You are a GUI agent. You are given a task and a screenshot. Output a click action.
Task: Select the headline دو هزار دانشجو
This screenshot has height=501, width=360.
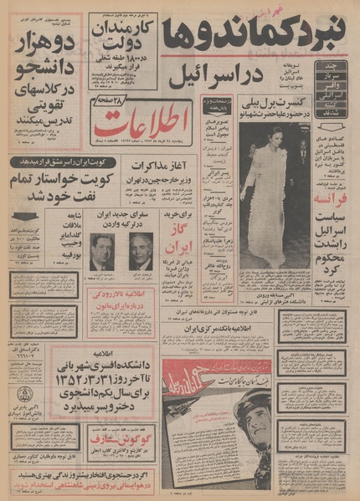(46, 58)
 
